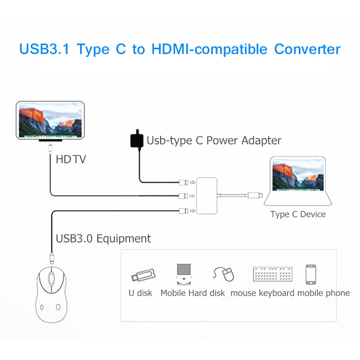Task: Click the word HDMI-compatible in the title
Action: tap(209, 49)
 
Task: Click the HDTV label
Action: tap(71, 159)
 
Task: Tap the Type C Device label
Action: tap(298, 214)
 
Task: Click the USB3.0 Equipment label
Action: tap(103, 238)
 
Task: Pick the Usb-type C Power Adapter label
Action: tap(214, 140)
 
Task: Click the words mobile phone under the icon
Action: tap(323, 293)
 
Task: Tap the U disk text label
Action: tap(140, 293)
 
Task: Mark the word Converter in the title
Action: tap(307, 49)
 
